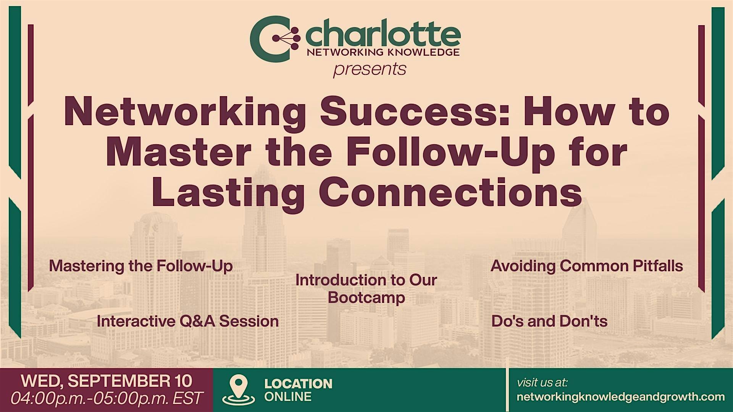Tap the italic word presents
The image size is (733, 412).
pos(370,69)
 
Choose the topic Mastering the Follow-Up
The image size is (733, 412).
pos(141,266)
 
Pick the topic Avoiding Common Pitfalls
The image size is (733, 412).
pos(587,266)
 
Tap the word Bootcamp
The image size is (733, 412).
pos(366,298)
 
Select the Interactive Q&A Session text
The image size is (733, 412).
pos(188,321)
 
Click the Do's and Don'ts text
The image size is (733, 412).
pos(549,321)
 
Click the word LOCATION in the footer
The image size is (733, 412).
pos(299,383)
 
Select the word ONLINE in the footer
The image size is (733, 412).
pos(288,397)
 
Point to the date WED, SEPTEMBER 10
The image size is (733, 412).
pos(107,381)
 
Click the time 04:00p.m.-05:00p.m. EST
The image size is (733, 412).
pos(107,398)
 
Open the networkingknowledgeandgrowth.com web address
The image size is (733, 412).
pos(620,397)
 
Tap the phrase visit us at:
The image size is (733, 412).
pos(542,382)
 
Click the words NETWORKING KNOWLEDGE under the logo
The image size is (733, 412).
pos(383,53)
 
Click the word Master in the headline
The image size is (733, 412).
pos(178,153)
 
